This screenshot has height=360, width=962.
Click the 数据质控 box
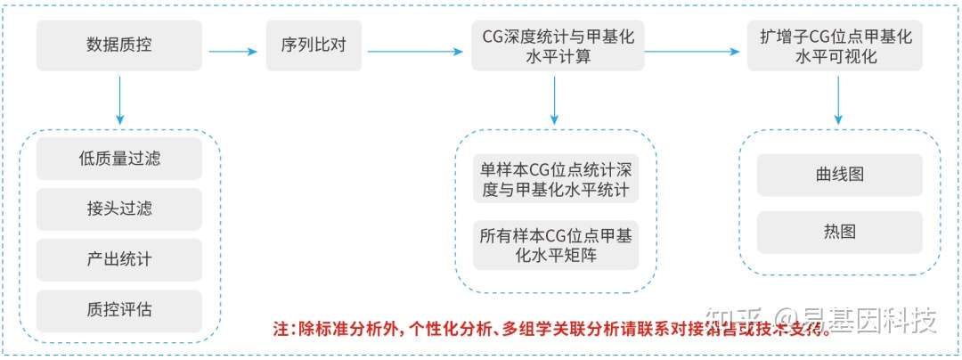119,45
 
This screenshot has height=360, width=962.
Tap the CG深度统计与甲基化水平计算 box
558,45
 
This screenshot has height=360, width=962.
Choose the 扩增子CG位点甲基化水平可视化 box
836,45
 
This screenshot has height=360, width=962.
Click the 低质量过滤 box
119,160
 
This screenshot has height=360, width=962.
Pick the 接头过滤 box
119,209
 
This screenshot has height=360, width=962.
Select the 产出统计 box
119,260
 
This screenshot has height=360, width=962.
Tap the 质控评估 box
119,311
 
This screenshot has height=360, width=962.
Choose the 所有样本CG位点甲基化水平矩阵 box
556,246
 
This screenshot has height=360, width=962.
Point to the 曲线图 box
839,175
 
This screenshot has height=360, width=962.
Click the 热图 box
839,232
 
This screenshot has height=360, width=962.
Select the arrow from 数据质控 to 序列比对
232,51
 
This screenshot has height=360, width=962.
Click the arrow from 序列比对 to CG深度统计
415,51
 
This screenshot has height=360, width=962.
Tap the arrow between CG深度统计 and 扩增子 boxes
695,51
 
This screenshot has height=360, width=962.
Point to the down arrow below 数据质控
119,100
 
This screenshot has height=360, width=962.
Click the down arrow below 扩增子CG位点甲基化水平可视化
838,100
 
